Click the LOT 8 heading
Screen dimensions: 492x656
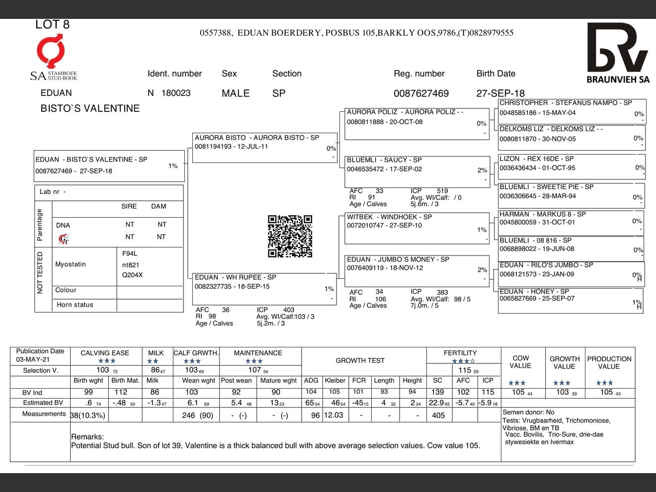point(52,24)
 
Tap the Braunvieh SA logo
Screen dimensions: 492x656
point(618,53)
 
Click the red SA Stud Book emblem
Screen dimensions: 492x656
point(50,51)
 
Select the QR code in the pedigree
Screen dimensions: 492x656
point(290,236)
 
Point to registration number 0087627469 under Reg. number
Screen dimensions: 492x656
point(421,93)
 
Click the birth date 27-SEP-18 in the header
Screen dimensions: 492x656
point(500,93)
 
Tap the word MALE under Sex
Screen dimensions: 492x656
point(236,93)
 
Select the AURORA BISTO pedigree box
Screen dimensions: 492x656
point(264,147)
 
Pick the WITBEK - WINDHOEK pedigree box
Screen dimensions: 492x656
point(416,228)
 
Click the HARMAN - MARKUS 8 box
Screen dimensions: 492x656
point(571,222)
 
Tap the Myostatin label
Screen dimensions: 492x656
point(71,264)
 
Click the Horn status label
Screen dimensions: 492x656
point(75,305)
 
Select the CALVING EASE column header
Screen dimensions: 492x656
point(105,353)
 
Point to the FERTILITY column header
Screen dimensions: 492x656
point(460,353)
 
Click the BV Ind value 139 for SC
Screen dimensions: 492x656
point(437,392)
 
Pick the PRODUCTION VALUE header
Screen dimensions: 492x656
point(609,362)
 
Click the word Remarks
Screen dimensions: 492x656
point(87,437)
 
